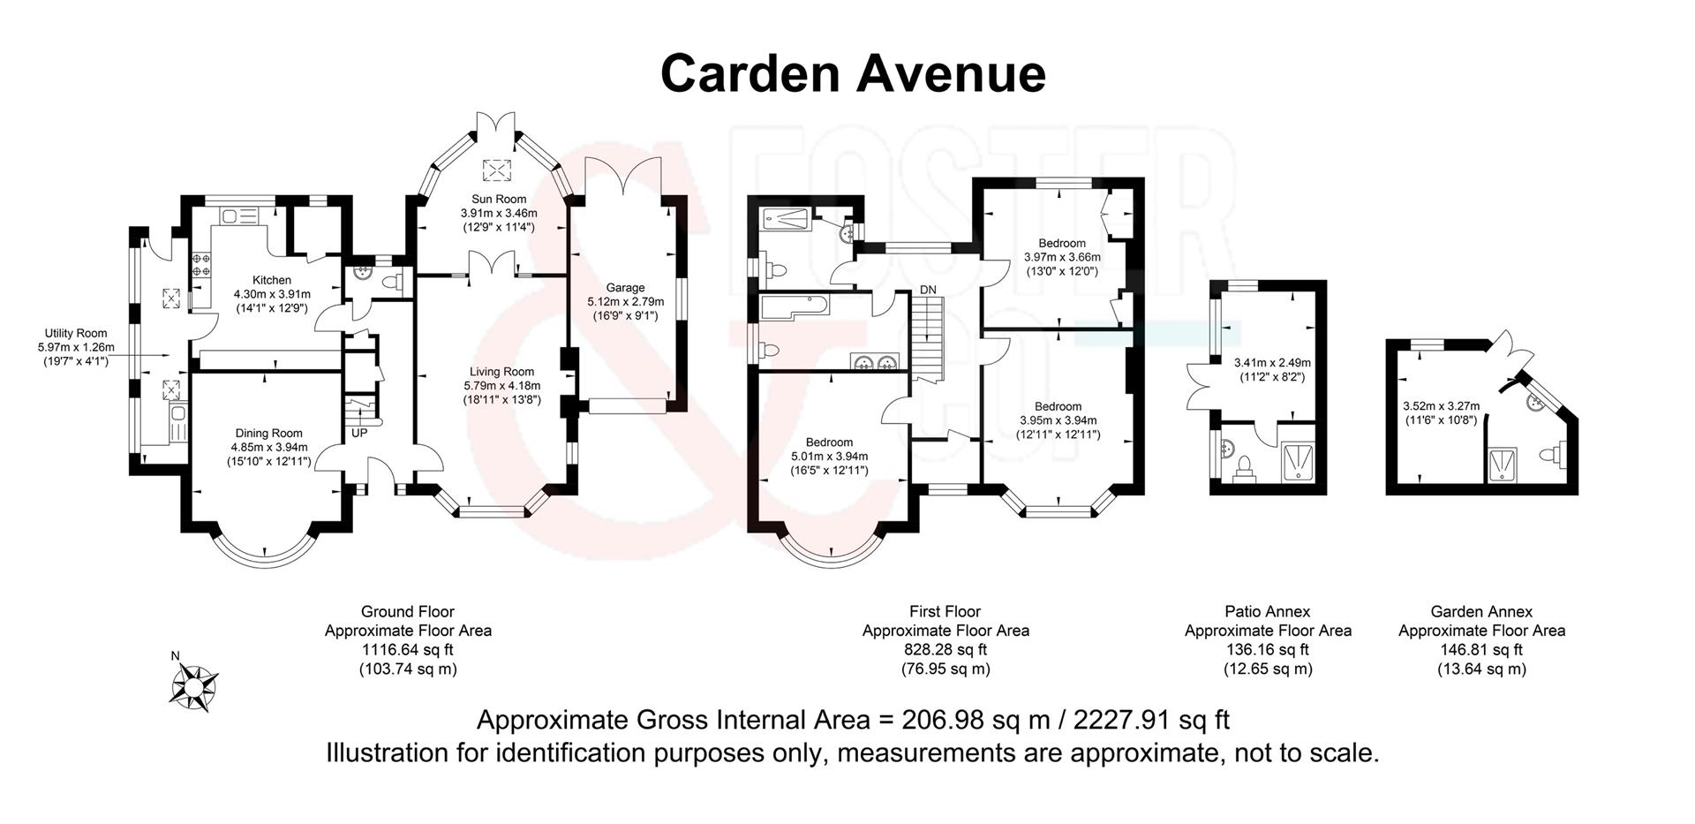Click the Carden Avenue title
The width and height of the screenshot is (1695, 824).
(x=853, y=73)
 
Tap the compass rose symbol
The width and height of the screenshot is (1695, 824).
(x=193, y=686)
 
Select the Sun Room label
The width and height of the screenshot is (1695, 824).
(x=499, y=199)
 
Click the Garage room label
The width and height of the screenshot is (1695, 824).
(x=625, y=287)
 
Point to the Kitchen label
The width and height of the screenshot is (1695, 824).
(x=272, y=280)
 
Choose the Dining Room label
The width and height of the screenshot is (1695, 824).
(x=268, y=433)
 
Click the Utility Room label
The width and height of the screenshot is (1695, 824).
(x=76, y=333)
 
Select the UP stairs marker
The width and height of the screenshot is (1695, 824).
(x=359, y=434)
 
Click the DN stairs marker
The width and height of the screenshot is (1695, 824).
(x=928, y=290)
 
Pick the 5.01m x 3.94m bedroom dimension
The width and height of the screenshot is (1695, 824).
(x=829, y=457)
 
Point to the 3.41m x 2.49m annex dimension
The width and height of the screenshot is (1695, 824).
(x=1272, y=362)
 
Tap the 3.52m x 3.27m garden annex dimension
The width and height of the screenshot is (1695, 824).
(x=1441, y=406)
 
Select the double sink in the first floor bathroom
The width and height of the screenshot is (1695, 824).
(x=875, y=360)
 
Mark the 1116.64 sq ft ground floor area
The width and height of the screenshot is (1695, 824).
(x=407, y=649)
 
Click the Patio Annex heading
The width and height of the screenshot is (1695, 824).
(x=1268, y=611)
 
